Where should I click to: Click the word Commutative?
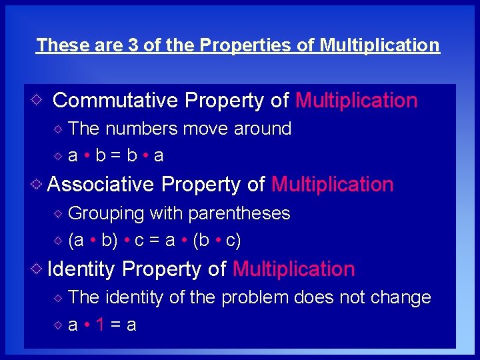115,101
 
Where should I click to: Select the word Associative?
101,184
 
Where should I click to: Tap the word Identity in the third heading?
82,269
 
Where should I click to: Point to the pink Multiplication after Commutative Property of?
356,101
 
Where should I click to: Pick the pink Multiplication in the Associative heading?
333,184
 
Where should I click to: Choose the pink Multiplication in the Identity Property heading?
293,269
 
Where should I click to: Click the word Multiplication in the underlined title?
380,45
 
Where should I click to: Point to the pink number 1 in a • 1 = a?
99,325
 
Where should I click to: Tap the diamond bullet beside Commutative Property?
38,101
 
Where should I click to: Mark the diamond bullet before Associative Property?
38,184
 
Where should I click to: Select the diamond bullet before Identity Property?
38,269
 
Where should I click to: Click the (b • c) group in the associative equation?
216,241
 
